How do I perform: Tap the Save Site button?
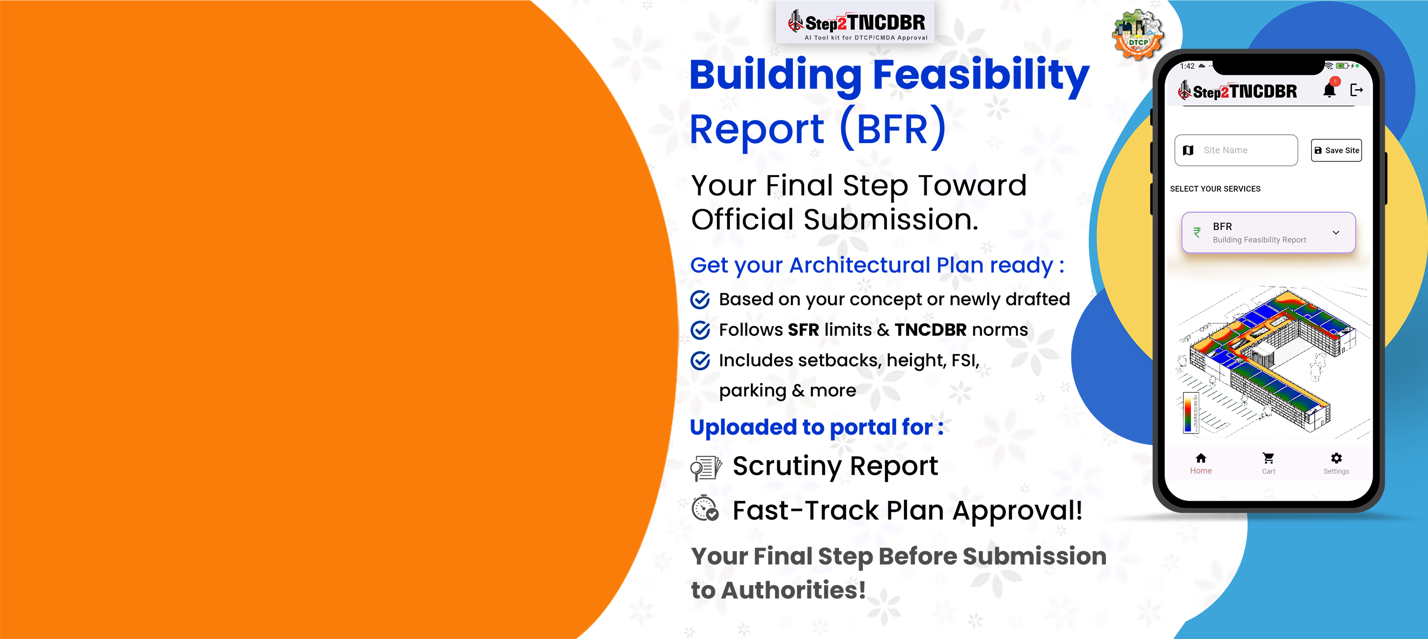pos(1336,150)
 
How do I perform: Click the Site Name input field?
pos(1236,150)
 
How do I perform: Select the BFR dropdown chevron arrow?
pos(1336,233)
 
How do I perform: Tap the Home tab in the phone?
pos(1201,463)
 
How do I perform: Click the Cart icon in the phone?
pos(1268,458)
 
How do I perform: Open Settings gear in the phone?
pos(1337,458)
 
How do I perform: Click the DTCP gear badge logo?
pos(1138,35)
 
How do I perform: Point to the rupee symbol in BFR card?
pos(1197,233)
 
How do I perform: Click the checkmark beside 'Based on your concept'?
pos(700,299)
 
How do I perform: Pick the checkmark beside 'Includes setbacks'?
pos(700,360)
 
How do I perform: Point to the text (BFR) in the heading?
pos(893,128)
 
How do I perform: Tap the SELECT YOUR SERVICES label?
pos(1215,189)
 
